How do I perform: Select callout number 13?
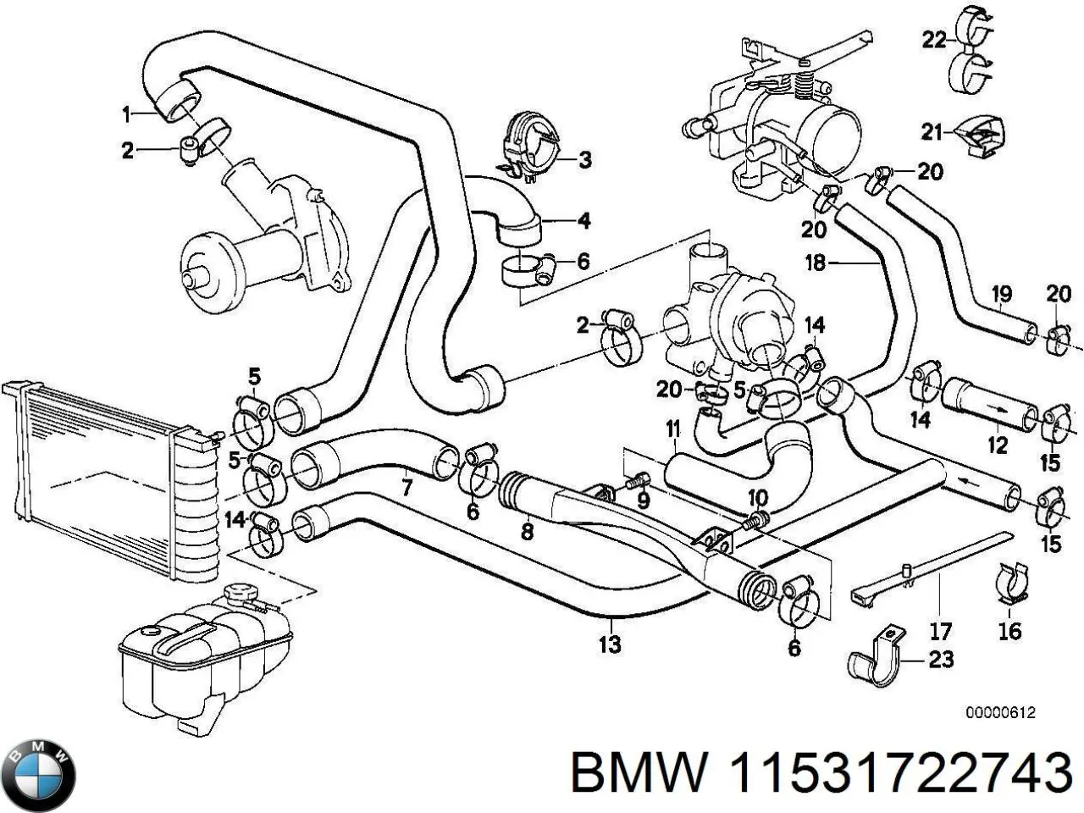(610, 644)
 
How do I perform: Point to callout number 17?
(941, 631)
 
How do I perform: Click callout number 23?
(941, 659)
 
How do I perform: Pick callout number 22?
(934, 40)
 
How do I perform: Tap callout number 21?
(932, 131)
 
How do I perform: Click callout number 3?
(583, 159)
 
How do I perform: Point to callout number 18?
(815, 263)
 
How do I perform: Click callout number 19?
(1001, 295)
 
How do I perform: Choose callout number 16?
(1009, 630)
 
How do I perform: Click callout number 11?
(672, 429)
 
